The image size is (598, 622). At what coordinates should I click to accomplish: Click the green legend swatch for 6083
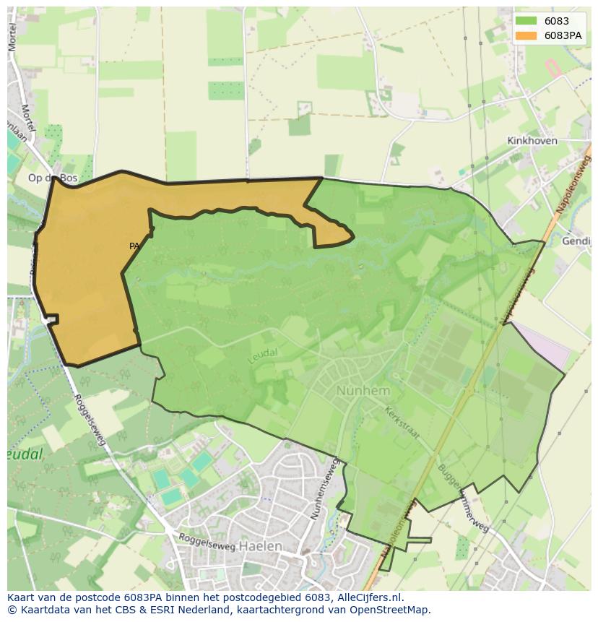526,21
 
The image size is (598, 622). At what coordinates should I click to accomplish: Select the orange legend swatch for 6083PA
526,35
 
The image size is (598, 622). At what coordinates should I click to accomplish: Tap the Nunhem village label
363,391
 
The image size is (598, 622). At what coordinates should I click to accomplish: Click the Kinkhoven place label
532,141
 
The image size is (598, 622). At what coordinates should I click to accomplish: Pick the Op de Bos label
51,177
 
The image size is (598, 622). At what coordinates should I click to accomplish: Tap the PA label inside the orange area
134,246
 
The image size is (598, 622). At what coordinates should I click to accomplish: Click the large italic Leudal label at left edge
25,454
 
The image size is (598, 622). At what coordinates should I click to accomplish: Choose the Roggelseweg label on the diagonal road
89,419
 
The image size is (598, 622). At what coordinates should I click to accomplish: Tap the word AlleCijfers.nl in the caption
369,597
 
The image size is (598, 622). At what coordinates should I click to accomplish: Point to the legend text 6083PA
563,35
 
